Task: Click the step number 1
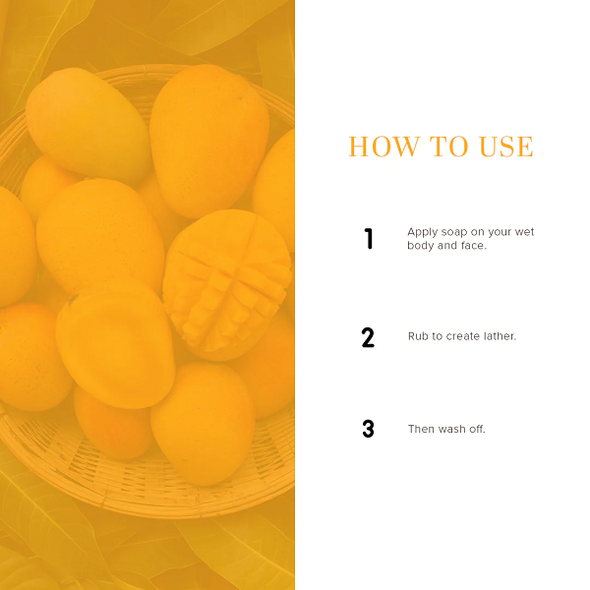(x=369, y=239)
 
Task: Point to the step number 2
(x=368, y=337)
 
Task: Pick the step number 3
(x=368, y=429)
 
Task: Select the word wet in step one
(x=524, y=232)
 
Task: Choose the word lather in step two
(x=501, y=336)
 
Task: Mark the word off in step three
(x=477, y=429)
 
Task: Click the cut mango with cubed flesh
(x=227, y=284)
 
